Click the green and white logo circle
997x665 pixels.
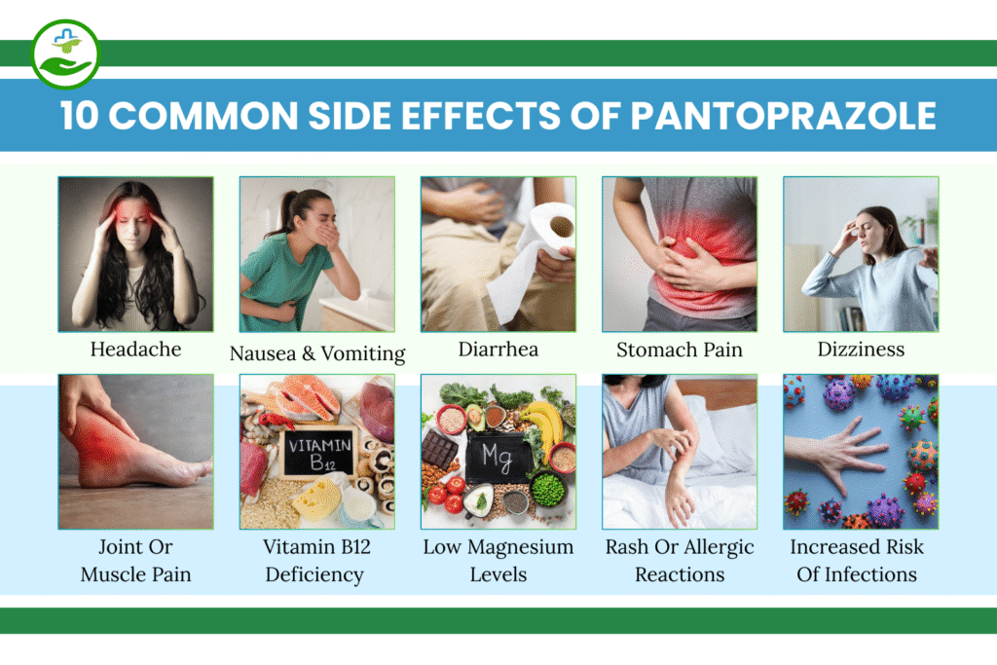pos(64,54)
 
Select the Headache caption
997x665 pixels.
pos(135,349)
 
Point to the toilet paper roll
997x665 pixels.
pos(550,235)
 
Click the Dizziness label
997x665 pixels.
pos(861,349)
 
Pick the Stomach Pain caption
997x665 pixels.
pos(680,349)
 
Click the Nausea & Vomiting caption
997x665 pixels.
pos(317,352)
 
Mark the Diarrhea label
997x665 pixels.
pos(498,349)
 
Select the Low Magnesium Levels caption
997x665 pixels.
pos(498,560)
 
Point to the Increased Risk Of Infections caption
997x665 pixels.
pos(857,560)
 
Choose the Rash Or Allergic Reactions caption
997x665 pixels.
pos(680,560)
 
